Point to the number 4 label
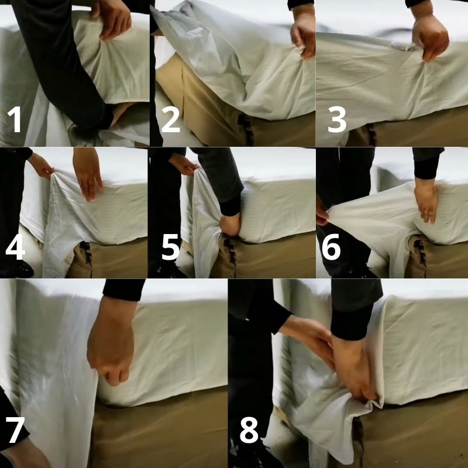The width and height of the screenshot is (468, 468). (x=15, y=247)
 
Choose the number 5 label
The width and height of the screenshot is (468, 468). (x=170, y=247)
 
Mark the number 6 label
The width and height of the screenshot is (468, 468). (x=331, y=247)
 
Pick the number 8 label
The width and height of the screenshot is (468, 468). (x=249, y=432)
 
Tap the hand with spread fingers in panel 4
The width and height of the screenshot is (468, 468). (x=88, y=173)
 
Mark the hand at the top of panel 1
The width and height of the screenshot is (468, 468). (x=114, y=18)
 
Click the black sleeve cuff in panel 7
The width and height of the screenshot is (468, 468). (x=124, y=289)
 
